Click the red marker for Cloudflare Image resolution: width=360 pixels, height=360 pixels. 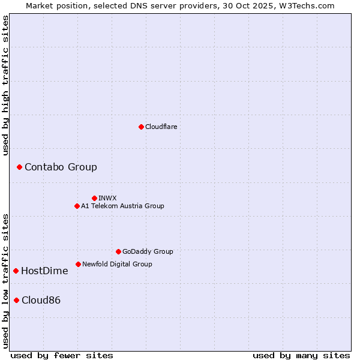(x=141, y=127)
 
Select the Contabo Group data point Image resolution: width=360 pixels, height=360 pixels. (x=19, y=167)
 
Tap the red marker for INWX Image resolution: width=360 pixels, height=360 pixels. (x=94, y=198)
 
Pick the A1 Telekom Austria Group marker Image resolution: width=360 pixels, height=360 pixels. (x=77, y=206)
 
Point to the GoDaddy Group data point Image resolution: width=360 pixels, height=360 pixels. (x=118, y=251)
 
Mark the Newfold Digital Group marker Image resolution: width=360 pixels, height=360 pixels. (x=78, y=264)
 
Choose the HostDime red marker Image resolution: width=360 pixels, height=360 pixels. (x=16, y=271)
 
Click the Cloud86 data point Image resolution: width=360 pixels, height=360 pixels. (x=16, y=300)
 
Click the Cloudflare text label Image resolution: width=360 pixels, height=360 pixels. (x=161, y=127)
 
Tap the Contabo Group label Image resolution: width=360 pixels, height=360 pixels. (x=61, y=167)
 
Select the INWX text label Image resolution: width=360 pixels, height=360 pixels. (x=107, y=198)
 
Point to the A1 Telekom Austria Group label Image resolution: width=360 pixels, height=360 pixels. (x=122, y=206)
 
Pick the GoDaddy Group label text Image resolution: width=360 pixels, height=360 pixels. (x=148, y=251)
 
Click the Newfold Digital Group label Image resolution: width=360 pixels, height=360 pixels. (x=117, y=264)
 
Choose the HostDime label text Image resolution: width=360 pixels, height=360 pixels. (x=44, y=271)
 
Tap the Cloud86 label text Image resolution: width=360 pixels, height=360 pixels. (x=41, y=300)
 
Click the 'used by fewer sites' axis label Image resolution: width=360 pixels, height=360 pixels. (x=62, y=355)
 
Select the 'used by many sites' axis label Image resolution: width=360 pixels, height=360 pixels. (x=301, y=355)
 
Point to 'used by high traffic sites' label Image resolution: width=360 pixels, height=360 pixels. (x=5, y=85)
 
